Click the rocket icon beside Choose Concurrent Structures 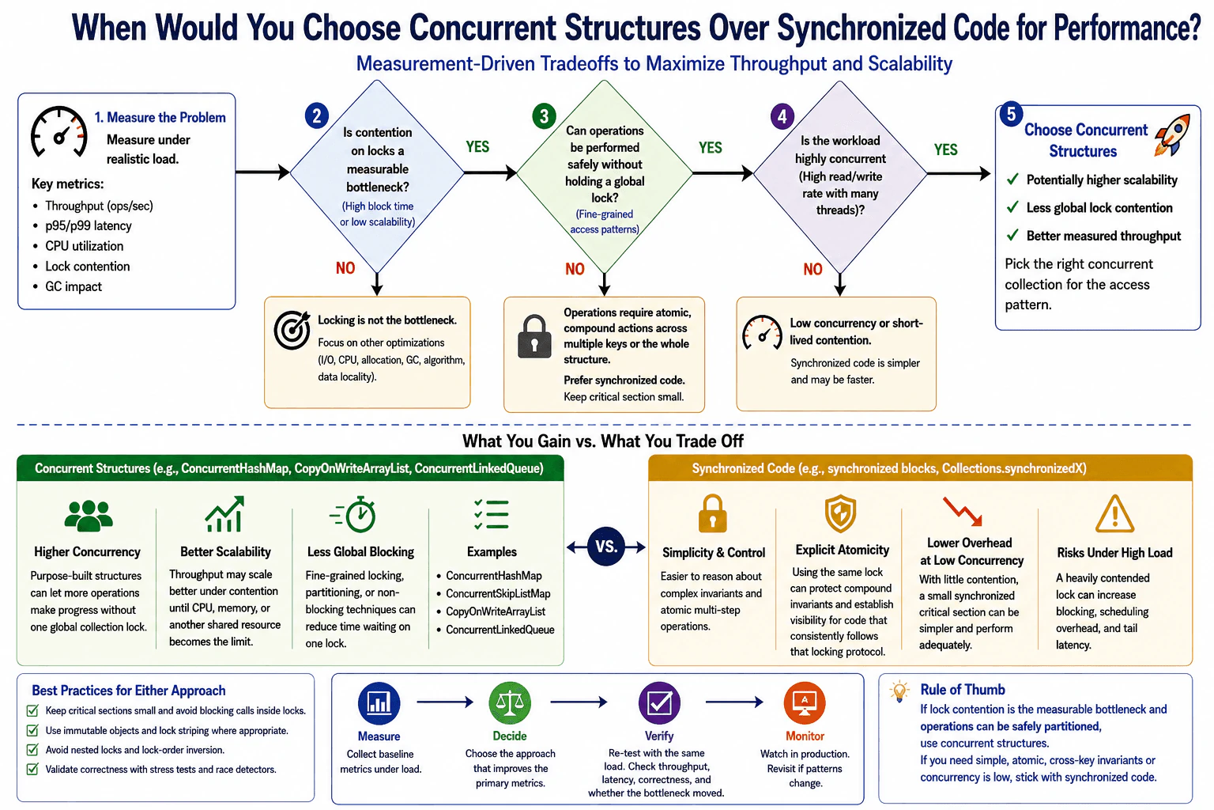tap(1172, 135)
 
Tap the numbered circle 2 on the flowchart tap(316, 116)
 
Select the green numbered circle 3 tap(544, 116)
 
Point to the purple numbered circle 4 tap(782, 116)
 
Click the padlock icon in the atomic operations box tap(534, 336)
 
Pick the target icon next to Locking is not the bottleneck tap(292, 329)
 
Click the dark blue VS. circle tap(606, 547)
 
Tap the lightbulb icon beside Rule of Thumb tap(899, 691)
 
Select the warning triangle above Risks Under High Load tap(1114, 514)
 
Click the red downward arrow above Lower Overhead tap(963, 511)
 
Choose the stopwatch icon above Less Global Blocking tap(354, 514)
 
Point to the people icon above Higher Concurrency tap(89, 516)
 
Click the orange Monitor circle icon tap(805, 703)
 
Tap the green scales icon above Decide tap(510, 703)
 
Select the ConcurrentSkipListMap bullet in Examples tap(497, 593)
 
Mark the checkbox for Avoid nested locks tap(32, 750)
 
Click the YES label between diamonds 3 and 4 tap(710, 148)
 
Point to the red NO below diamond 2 tap(345, 268)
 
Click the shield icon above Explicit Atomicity tap(840, 513)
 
